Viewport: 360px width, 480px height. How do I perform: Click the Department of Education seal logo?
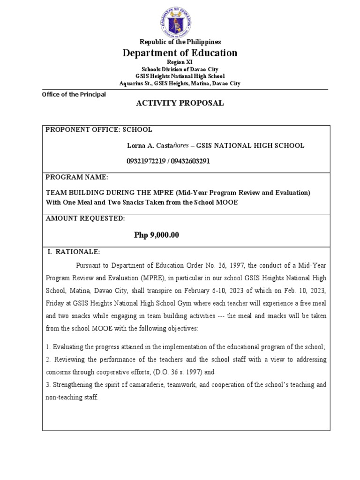click(x=180, y=20)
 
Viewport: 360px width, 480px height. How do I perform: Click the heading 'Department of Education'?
click(x=180, y=53)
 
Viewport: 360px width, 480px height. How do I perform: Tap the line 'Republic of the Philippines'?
click(x=180, y=42)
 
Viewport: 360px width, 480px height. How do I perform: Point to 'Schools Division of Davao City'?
click(x=180, y=69)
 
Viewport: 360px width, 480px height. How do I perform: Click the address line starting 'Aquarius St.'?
click(x=180, y=83)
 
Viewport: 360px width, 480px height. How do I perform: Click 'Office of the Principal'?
click(x=74, y=94)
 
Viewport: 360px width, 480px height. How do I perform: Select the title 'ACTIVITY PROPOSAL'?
click(x=180, y=104)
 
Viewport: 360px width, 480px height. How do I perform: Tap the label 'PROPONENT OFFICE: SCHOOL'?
click(x=99, y=130)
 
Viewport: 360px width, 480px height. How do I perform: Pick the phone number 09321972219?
click(x=145, y=161)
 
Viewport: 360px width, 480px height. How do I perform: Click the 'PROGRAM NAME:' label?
click(x=77, y=178)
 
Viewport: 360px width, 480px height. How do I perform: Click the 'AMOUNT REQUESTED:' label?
click(x=85, y=219)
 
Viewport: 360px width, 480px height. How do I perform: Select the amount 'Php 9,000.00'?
click(x=157, y=235)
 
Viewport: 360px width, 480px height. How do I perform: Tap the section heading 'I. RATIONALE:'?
click(x=75, y=252)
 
